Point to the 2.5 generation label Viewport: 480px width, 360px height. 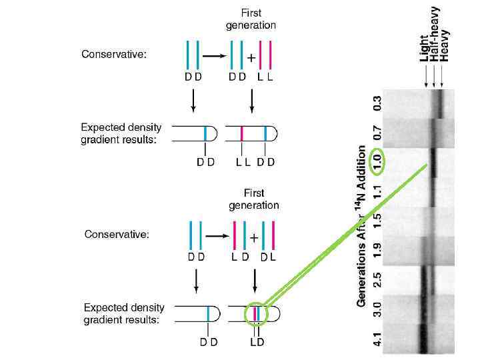coord(377,279)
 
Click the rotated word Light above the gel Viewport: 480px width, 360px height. coord(425,48)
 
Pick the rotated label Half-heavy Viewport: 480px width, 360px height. coord(435,35)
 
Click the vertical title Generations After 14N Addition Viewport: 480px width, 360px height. coord(362,227)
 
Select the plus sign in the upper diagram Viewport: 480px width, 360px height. coord(251,58)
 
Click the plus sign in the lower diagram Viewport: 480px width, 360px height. coord(254,238)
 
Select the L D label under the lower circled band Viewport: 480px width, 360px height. coord(257,342)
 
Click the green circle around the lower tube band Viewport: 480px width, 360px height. coord(256,313)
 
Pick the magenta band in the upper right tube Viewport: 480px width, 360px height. coord(241,133)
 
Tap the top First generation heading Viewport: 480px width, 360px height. coord(251,20)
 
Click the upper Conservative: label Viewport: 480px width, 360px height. coord(114,55)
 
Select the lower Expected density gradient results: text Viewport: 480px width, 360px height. coord(124,313)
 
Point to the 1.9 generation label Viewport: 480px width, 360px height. coord(377,250)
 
